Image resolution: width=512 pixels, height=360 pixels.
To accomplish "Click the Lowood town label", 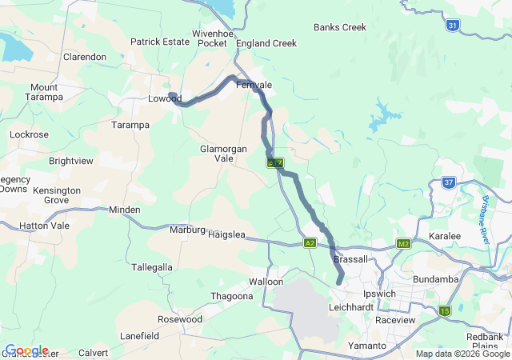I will click(x=166, y=99).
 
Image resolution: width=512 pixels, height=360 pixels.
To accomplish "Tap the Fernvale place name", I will click(x=254, y=85).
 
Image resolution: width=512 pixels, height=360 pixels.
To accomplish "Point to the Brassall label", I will click(x=350, y=259).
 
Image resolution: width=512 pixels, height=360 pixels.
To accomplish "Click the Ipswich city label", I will click(x=379, y=294).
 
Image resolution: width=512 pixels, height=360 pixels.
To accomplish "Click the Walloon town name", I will click(x=266, y=282).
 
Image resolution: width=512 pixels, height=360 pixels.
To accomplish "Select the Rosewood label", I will click(x=180, y=318).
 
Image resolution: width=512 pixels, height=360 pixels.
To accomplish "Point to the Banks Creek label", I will click(x=340, y=27).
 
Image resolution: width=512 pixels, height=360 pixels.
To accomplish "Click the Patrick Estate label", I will click(x=159, y=42).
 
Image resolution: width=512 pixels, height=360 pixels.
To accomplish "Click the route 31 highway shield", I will click(x=453, y=26).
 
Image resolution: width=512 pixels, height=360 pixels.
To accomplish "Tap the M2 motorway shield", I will click(x=402, y=243).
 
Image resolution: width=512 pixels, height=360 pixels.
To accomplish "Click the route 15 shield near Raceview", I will click(x=444, y=310).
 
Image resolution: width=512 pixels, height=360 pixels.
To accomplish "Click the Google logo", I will click(x=26, y=350).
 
